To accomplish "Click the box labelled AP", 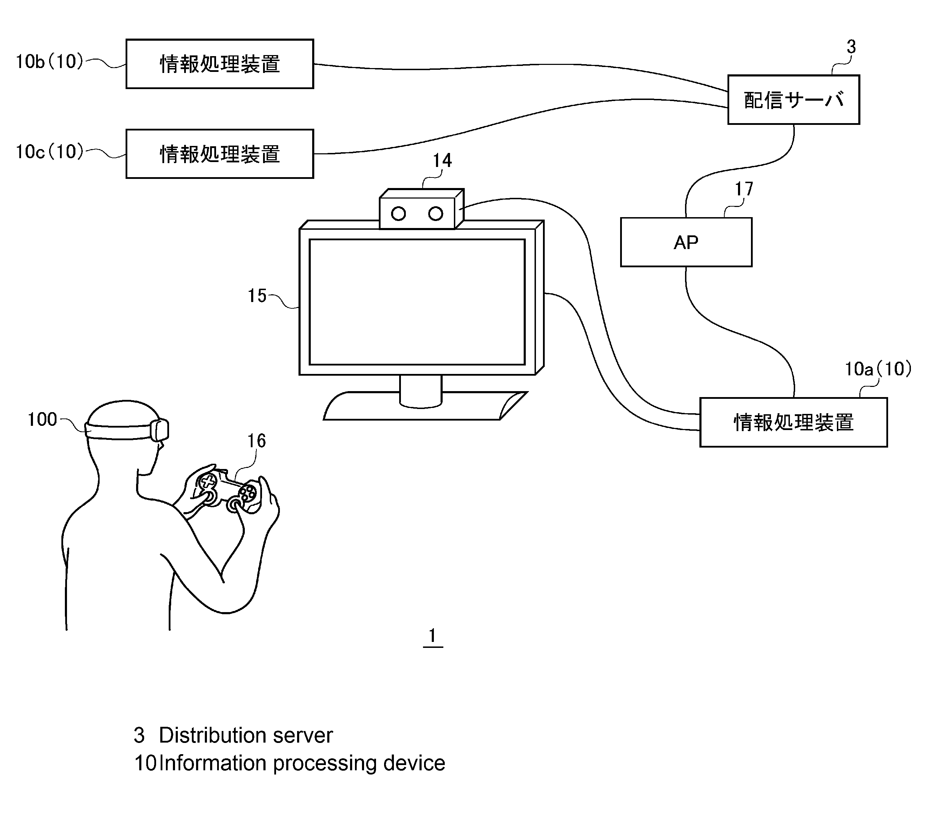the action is pos(686,242).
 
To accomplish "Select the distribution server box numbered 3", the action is pos(793,100).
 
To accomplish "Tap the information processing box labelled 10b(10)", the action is pos(220,63).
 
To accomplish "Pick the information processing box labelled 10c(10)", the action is pos(220,154).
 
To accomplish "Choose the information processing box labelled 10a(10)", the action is pos(793,422).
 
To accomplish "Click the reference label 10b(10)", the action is pos(50,61).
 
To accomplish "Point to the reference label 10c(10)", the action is pos(50,152).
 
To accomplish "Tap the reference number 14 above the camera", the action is pos(442,161).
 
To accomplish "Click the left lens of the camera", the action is pos(398,214).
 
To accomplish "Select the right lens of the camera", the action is pos(436,214).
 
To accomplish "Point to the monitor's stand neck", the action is pos(421,391).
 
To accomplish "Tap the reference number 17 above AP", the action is pos(744,188).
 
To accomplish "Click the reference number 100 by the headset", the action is pos(42,420).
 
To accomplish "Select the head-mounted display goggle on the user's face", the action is pos(159,430).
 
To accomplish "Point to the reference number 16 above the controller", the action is pos(256,441).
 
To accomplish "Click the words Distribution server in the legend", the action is pos(246,735).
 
